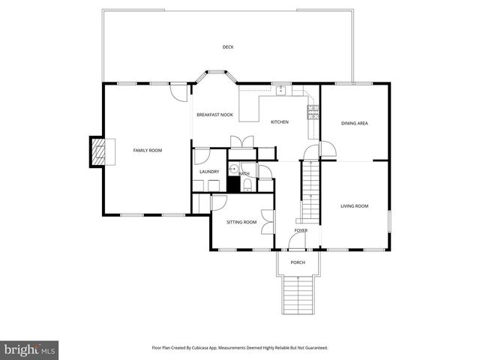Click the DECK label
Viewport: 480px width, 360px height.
(228, 47)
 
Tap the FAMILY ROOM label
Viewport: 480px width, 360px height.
(148, 151)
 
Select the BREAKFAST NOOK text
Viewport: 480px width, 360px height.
(214, 115)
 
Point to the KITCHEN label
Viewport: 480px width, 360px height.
(280, 122)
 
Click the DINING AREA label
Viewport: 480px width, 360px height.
(354, 123)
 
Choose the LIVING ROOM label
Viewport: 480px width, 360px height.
(354, 206)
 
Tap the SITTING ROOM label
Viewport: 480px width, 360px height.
(241, 222)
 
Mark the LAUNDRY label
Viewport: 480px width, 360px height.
(209, 172)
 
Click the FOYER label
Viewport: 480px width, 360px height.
(301, 230)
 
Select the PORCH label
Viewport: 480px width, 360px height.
(298, 262)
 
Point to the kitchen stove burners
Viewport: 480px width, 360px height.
(313, 113)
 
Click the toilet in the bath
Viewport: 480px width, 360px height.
(247, 184)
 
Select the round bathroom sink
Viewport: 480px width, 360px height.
(233, 169)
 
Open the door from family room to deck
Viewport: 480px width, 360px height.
(178, 94)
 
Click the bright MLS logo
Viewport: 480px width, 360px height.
(28, 349)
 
